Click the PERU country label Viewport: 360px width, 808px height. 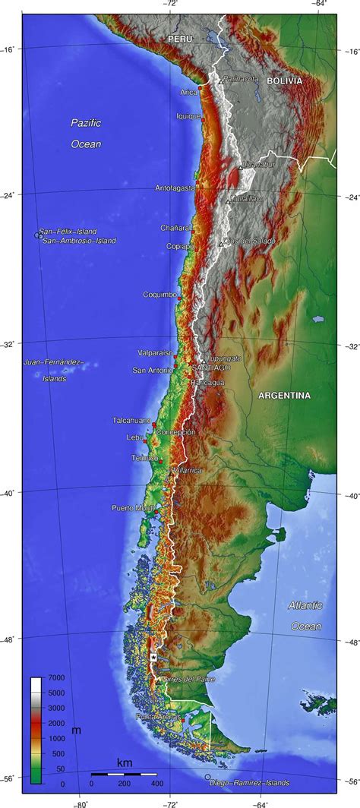pos(181,38)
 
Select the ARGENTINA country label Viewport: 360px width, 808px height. pos(284,396)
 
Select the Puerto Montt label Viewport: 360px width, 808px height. pos(132,508)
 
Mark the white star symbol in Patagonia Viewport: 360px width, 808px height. pos(153,658)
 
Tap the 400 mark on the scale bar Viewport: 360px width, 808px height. pos(157,783)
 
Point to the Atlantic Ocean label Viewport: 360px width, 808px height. pos(305,616)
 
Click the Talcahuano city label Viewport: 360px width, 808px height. pos(131,420)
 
